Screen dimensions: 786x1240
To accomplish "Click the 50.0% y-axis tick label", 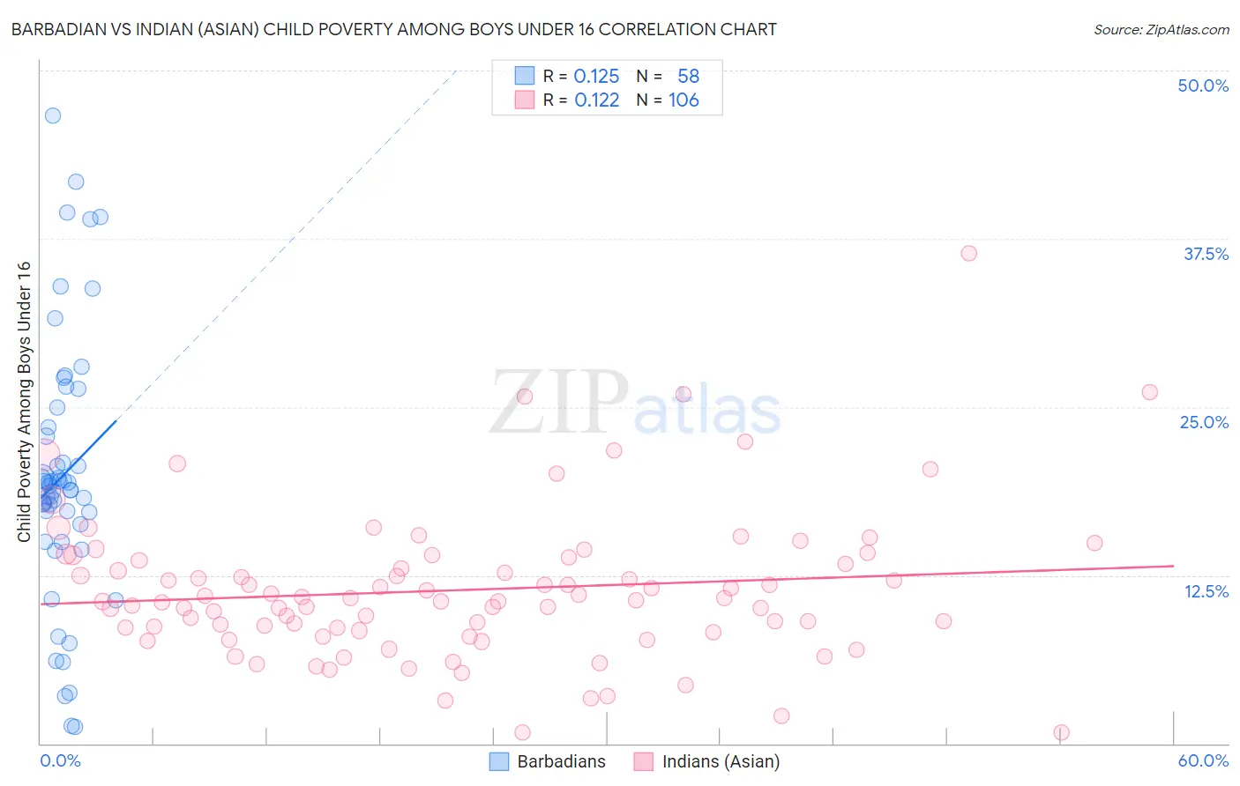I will [x=1203, y=85].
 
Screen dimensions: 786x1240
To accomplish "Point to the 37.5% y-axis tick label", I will [x=1206, y=254].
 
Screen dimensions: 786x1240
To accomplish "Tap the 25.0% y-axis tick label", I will [x=1204, y=422].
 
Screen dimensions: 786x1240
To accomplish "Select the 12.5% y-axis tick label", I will [x=1206, y=591].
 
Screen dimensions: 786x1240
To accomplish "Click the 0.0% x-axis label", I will [x=60, y=760].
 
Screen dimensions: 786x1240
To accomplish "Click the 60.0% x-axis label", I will [x=1203, y=760].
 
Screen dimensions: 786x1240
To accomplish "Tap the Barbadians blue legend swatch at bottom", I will [x=499, y=761].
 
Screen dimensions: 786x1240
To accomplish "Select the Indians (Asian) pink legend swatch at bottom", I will [x=644, y=761].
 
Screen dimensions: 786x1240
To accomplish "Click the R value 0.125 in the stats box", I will [x=596, y=77].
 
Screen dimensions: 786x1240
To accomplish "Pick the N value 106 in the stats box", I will [x=683, y=100].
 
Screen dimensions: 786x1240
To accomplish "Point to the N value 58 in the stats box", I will [x=688, y=77].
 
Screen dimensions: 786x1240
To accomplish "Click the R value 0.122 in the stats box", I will [x=596, y=100].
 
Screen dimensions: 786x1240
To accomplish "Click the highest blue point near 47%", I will [x=53, y=115].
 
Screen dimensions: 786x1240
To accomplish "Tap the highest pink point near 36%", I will [x=969, y=253].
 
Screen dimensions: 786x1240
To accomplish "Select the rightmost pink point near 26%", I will [x=1150, y=392].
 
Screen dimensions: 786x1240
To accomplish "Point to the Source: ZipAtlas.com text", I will [x=1161, y=29].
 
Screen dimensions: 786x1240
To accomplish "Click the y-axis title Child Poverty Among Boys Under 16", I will [x=25, y=402].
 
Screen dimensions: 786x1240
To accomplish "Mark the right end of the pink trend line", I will [x=1174, y=566].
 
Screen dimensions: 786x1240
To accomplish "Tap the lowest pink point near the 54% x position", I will [x=1062, y=732].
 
